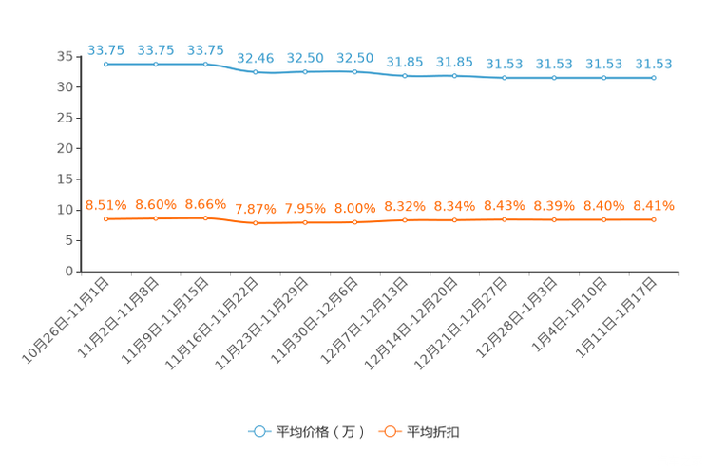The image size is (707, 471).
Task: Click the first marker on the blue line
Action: [105, 65]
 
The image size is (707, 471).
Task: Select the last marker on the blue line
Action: [654, 78]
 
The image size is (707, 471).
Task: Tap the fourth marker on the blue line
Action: [255, 72]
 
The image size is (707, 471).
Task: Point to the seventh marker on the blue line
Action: [405, 76]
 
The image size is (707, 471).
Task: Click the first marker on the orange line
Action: [105, 218]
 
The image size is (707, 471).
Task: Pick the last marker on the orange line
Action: [654, 219]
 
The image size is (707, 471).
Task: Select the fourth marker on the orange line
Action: [255, 222]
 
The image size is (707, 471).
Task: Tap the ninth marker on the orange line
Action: [505, 219]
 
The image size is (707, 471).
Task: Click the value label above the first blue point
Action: [105, 50]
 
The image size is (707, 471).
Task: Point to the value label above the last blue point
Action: [654, 64]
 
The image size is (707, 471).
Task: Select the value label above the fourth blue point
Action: [255, 58]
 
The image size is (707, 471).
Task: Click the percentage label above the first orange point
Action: [105, 204]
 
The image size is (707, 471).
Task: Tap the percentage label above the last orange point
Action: [654, 205]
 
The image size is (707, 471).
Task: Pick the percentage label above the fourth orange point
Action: [255, 208]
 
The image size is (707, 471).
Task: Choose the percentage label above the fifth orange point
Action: [305, 208]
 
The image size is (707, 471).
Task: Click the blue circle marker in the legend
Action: [258, 431]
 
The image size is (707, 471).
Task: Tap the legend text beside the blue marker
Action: [320, 432]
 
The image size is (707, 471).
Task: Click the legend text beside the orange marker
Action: [434, 432]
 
